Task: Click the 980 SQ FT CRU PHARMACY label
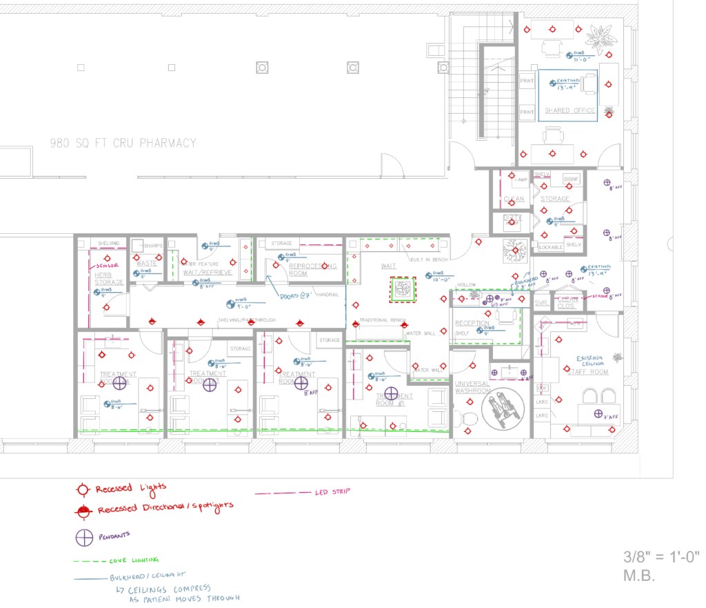123,144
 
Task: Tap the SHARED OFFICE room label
569,110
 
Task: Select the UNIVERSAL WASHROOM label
472,387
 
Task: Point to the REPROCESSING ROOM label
312,269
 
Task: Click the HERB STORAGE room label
109,278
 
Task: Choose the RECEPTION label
472,323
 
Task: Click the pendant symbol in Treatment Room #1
391,393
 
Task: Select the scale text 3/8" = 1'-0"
661,556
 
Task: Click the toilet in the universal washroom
470,418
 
